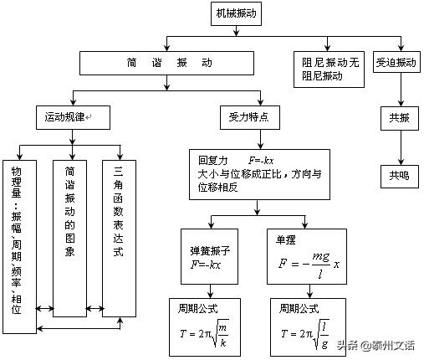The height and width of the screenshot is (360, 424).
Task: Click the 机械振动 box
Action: pyautogui.click(x=236, y=13)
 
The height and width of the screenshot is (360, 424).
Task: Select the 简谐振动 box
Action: pyautogui.click(x=166, y=63)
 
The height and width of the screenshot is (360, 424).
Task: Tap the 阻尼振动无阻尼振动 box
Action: pyautogui.click(x=329, y=69)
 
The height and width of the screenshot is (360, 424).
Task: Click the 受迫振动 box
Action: pyautogui.click(x=396, y=62)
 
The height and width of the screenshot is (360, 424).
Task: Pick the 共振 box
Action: pyautogui.click(x=400, y=118)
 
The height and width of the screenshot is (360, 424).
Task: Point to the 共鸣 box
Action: pyautogui.click(x=400, y=177)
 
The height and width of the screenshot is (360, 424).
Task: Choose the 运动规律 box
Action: pyautogui.click(x=73, y=117)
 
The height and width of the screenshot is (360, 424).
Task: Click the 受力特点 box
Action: pyautogui.click(x=250, y=117)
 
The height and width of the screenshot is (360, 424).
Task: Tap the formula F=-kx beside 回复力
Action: pyautogui.click(x=261, y=161)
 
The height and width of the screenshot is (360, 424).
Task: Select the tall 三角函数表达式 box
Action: pyautogui.click(x=119, y=239)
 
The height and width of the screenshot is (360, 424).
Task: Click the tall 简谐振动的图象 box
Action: pyautogui.click(x=69, y=239)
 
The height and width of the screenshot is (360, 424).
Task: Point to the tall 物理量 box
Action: pyautogui.click(x=19, y=247)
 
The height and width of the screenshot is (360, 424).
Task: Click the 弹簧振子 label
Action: pyautogui.click(x=210, y=251)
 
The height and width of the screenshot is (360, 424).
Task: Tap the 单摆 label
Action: pyautogui.click(x=285, y=239)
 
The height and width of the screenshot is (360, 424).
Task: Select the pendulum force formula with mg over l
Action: pyautogui.click(x=309, y=265)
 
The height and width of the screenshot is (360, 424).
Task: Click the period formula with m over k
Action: pyautogui.click(x=204, y=333)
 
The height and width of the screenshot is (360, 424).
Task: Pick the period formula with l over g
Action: pyautogui.click(x=305, y=334)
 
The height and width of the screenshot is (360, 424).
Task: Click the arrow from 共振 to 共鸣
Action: pyautogui.click(x=401, y=147)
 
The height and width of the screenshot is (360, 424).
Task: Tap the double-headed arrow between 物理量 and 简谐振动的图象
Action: pyautogui.click(x=45, y=308)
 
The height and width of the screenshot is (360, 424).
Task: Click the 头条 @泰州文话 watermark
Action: pyautogui.click(x=375, y=346)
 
